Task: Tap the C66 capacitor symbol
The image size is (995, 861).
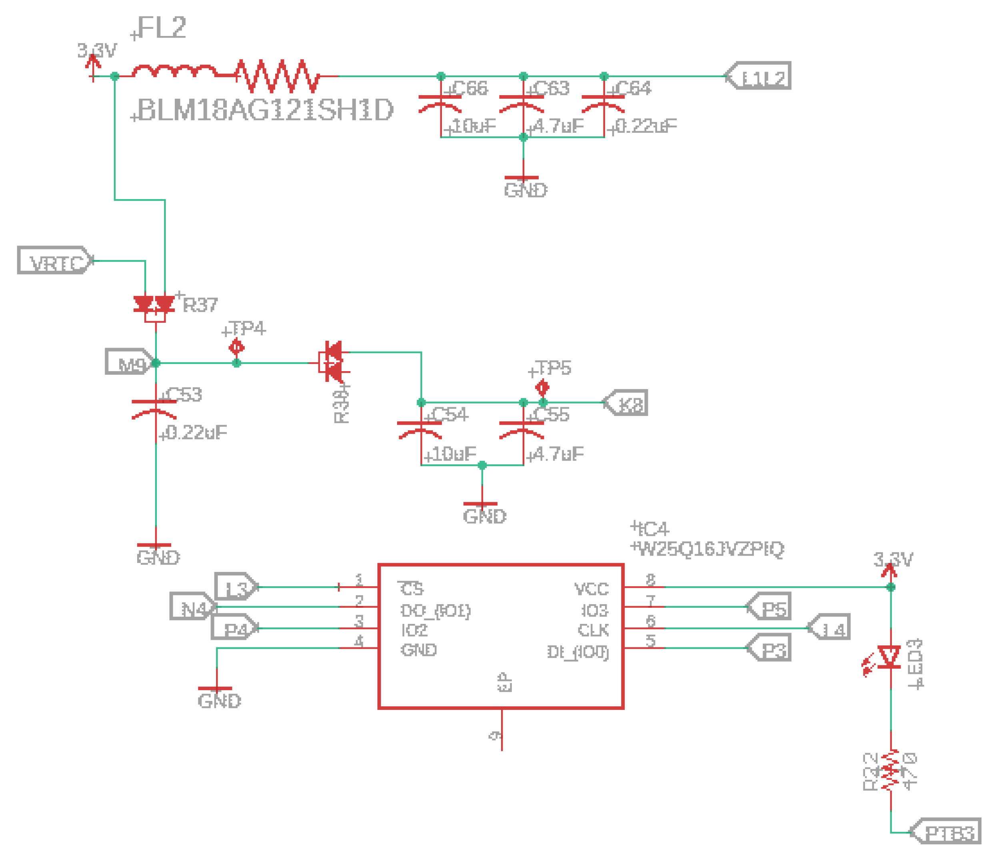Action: [440, 103]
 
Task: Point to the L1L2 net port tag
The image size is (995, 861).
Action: [759, 76]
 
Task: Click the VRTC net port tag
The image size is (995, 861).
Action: [55, 260]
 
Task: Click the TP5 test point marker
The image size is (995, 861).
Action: [542, 387]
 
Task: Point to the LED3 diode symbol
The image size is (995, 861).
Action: [889, 658]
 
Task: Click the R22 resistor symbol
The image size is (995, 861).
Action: [890, 771]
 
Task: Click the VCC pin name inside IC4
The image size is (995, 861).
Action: [591, 589]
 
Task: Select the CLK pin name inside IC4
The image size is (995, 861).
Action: [593, 630]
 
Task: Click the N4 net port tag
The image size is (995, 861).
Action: [192, 606]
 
